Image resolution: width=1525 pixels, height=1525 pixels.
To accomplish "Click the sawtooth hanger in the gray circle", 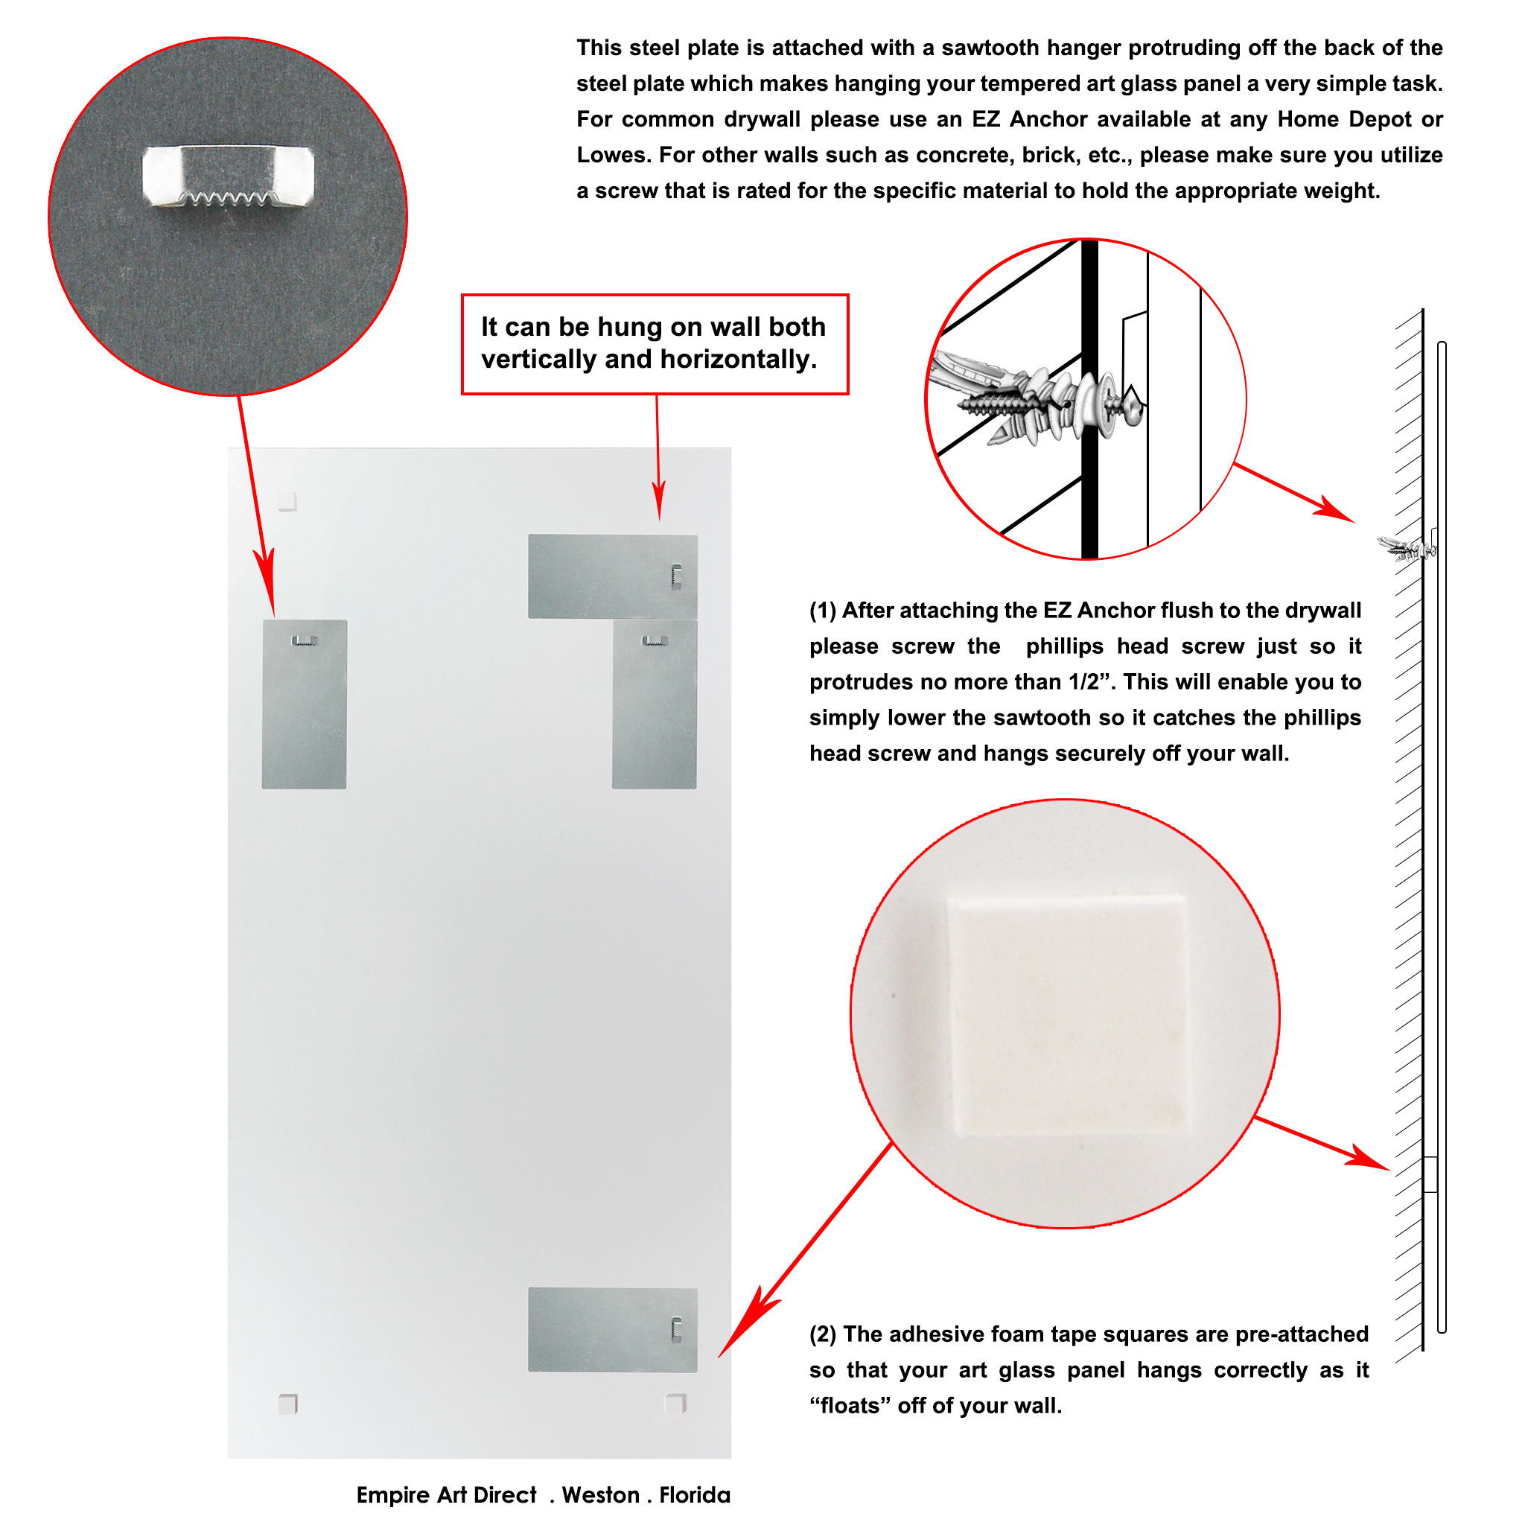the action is [x=228, y=175].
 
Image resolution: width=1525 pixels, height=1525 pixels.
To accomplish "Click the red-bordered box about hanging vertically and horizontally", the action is [x=655, y=344].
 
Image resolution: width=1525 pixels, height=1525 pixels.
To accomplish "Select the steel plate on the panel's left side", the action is [x=304, y=704].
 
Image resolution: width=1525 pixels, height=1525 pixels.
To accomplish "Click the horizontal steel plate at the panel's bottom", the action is [x=613, y=1330].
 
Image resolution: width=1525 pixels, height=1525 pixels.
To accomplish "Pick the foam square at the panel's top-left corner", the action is [x=287, y=501].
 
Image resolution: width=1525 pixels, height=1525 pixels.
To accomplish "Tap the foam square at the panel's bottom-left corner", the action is [x=288, y=1404].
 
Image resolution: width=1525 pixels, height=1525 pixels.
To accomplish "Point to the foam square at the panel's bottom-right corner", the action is [x=675, y=1404].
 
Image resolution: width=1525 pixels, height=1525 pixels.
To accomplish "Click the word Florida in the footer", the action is [x=695, y=1495].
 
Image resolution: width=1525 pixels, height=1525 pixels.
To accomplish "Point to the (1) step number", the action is [x=823, y=611].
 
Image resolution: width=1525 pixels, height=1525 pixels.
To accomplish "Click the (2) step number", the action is [x=823, y=1334].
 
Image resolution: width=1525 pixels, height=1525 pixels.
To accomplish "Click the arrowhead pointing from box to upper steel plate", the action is [x=659, y=500].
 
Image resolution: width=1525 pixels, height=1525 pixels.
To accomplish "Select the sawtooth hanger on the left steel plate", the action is [x=305, y=641].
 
